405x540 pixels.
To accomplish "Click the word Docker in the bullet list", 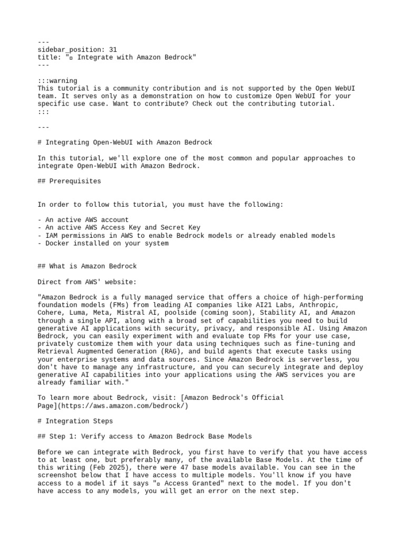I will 57,243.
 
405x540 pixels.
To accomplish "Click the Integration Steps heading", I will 79,421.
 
